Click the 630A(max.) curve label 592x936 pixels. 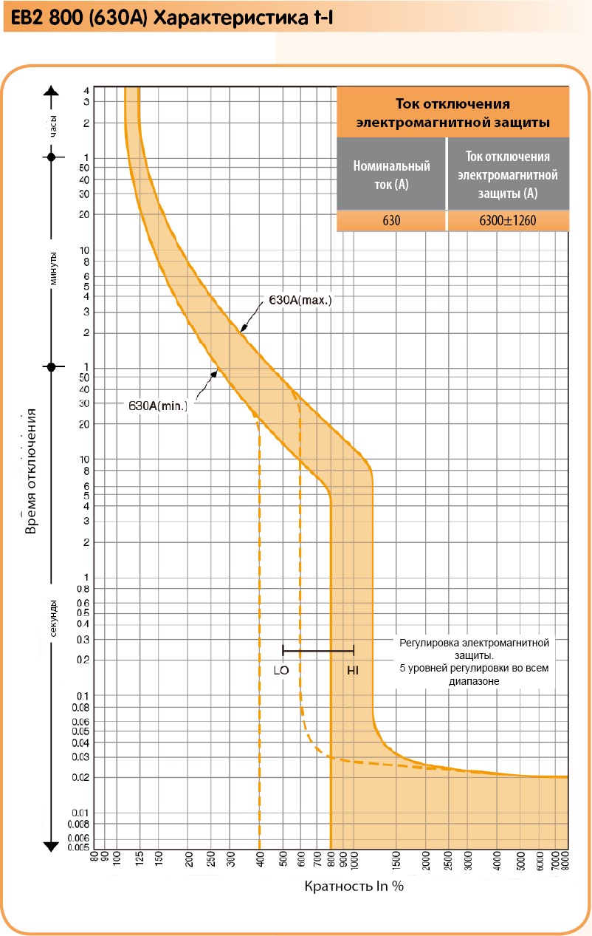point(300,301)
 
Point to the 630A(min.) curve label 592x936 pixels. point(158,406)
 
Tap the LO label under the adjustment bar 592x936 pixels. point(280,671)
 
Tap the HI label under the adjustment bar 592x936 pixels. point(353,671)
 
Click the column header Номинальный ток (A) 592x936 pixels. point(391,175)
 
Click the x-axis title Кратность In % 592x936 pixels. point(354,886)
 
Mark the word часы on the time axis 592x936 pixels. point(52,124)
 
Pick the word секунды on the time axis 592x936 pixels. point(52,618)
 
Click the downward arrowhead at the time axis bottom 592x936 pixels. point(51,844)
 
